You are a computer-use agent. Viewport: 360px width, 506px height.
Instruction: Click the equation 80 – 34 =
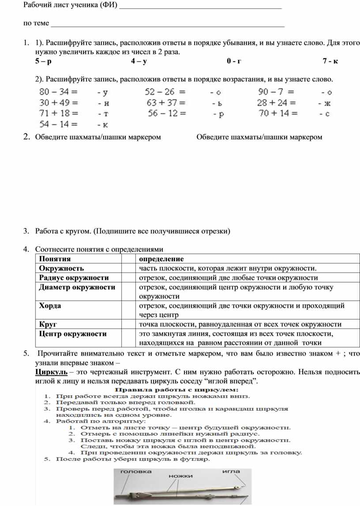[x=58, y=93]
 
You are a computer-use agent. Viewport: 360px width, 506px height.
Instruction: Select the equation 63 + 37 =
[x=166, y=103]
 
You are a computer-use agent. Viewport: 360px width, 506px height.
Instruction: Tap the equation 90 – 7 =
[x=276, y=93]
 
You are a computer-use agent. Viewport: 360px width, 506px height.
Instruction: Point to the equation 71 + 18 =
[x=58, y=114]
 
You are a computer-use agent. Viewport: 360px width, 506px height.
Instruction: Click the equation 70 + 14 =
[x=278, y=114]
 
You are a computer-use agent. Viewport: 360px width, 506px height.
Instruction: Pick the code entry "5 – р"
[x=43, y=62]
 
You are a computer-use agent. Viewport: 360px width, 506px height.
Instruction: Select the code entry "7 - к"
[x=330, y=62]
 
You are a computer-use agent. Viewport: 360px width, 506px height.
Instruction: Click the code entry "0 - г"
[x=234, y=62]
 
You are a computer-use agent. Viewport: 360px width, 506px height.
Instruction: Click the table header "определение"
[x=161, y=259]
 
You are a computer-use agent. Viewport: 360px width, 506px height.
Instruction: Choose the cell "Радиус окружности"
[x=74, y=278]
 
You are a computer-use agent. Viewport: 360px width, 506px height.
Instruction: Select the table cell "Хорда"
[x=50, y=306]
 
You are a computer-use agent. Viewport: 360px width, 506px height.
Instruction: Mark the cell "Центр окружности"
[x=73, y=334]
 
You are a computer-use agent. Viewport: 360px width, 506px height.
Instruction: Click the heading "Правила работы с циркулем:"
[x=176, y=390]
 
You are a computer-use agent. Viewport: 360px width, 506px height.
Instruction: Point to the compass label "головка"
[x=136, y=472]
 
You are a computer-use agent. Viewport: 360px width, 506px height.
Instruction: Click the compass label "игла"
[x=231, y=472]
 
